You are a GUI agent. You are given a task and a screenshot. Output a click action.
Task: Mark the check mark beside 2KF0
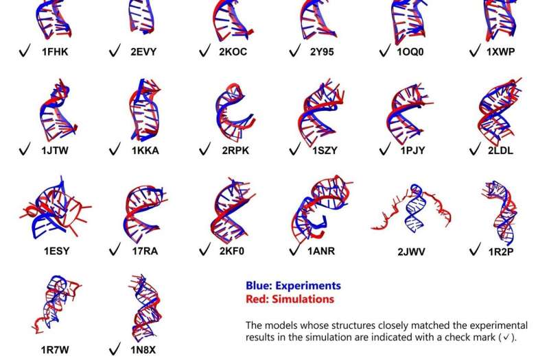coord(204,250)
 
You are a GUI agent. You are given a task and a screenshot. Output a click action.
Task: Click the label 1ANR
coord(324,250)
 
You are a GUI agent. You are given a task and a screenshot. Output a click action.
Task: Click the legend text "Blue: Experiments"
coord(293,286)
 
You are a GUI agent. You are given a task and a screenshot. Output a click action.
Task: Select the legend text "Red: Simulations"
coord(290,299)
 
